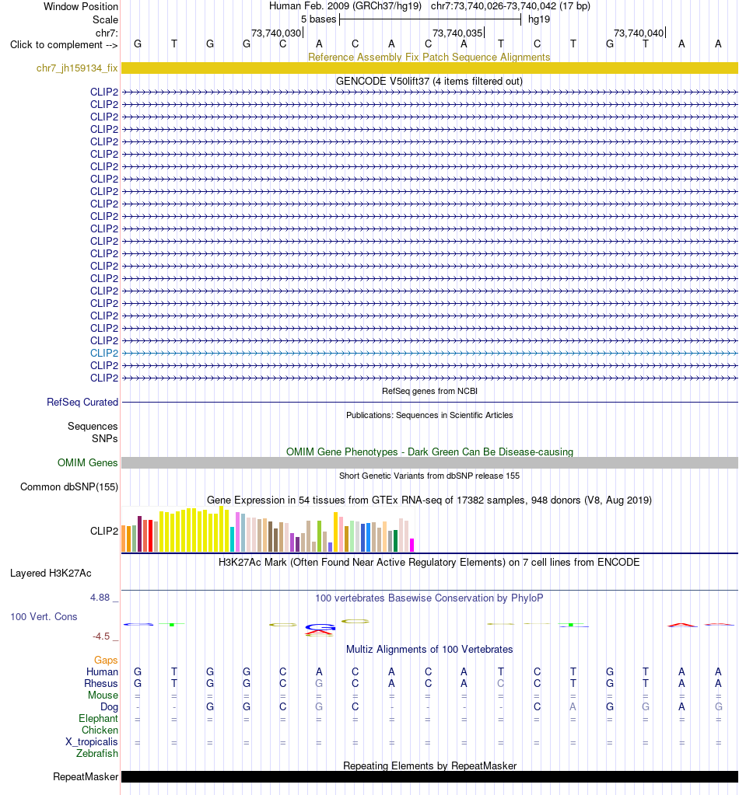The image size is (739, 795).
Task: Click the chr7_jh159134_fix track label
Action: tap(77, 68)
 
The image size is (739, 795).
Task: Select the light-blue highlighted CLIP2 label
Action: tap(104, 353)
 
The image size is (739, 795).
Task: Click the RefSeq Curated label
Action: tap(82, 402)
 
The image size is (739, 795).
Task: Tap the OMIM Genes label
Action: tap(87, 462)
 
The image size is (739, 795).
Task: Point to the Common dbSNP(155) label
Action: tap(69, 486)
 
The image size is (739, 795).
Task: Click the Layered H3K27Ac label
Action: tap(51, 573)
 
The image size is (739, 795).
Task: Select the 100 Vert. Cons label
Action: tap(44, 616)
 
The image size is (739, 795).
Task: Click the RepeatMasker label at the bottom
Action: tap(86, 777)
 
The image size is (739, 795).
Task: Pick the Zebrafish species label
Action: tap(97, 754)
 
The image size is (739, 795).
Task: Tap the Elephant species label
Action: tap(98, 718)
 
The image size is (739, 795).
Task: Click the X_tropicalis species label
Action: tap(91, 741)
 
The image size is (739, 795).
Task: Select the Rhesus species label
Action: tap(101, 683)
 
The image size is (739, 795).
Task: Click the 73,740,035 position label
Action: tap(457, 33)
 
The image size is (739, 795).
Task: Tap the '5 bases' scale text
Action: tap(318, 19)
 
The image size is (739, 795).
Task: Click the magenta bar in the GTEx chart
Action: tap(412, 545)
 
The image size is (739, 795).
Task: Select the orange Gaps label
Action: tap(106, 660)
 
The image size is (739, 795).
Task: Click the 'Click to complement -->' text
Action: tap(64, 44)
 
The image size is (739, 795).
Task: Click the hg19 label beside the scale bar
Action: tap(539, 19)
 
